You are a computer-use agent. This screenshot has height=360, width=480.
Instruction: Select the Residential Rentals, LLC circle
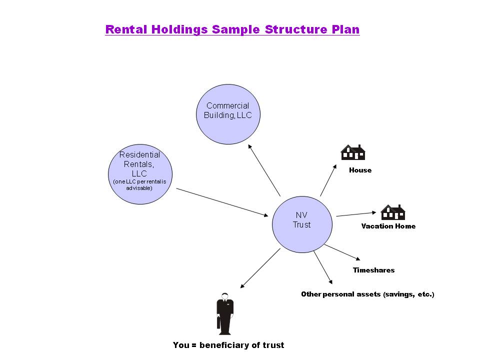click(x=140, y=171)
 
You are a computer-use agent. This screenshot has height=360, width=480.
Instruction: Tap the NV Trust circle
click(x=302, y=224)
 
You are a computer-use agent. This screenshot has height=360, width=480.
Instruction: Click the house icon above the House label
click(x=353, y=152)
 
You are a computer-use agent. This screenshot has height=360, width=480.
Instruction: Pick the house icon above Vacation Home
click(x=392, y=212)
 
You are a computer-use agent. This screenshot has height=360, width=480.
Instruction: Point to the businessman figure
click(x=225, y=313)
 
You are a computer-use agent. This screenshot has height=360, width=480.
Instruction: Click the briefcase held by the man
click(x=218, y=322)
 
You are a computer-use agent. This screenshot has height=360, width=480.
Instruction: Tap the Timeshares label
click(x=373, y=270)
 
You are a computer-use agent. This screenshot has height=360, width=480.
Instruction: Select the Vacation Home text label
click(x=388, y=226)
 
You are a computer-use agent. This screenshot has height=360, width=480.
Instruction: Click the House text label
click(x=360, y=170)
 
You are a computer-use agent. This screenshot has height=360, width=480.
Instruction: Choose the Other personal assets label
click(x=367, y=294)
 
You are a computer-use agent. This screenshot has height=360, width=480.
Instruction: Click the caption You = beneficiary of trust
click(x=228, y=345)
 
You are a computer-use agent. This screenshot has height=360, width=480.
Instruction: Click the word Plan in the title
click(x=345, y=29)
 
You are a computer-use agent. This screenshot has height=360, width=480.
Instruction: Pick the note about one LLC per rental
click(x=140, y=184)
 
